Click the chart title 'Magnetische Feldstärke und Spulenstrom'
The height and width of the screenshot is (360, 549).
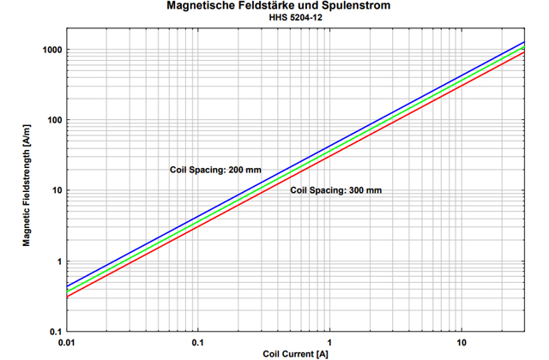[x=274, y=7]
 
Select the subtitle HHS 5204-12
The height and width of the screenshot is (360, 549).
[x=274, y=18]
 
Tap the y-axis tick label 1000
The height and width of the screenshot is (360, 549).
[x=51, y=50]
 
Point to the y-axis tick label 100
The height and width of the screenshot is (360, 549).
[x=53, y=120]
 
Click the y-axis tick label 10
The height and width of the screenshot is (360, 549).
[x=56, y=190]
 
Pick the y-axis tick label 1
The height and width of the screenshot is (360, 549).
[x=58, y=261]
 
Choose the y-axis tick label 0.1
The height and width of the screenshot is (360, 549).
[x=55, y=332]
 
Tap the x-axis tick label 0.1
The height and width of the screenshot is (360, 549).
[x=198, y=342]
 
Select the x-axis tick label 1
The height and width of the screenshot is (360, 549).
[x=329, y=342]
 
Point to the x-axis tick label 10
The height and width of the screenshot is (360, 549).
[x=461, y=342]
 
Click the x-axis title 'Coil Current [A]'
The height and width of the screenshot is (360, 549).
[x=295, y=353]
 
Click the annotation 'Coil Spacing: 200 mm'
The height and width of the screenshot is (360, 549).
[x=215, y=170]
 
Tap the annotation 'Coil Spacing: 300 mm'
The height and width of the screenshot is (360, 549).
[x=335, y=190]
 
